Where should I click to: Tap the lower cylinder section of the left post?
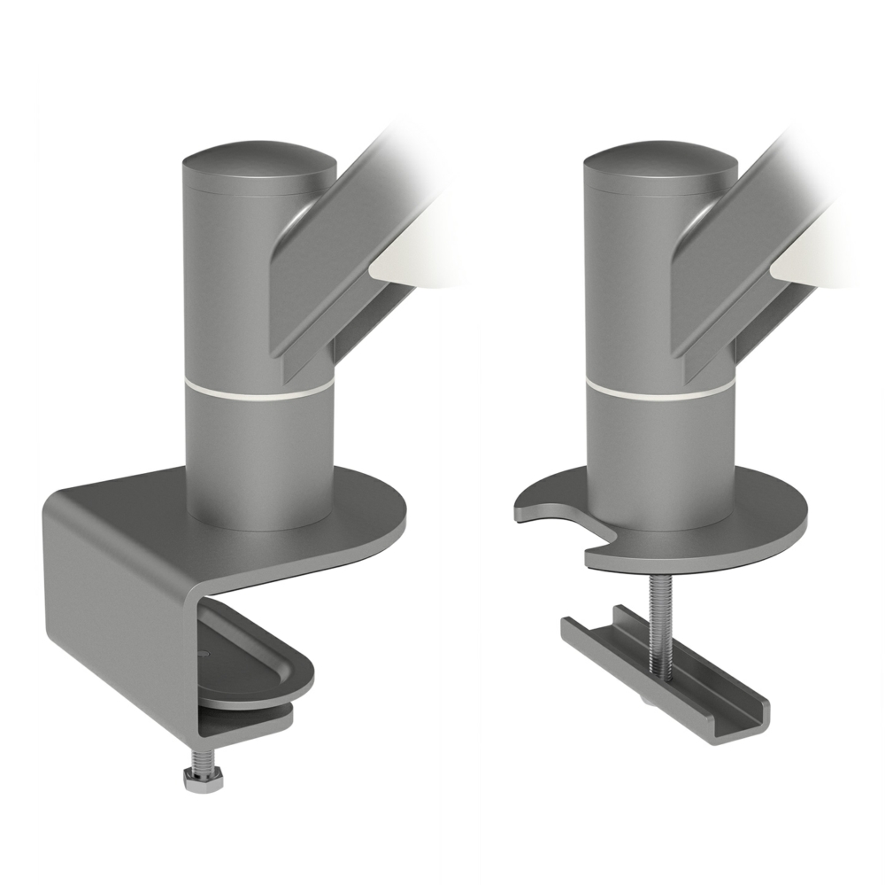tap(260, 461)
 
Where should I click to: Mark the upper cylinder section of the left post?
tap(230, 283)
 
